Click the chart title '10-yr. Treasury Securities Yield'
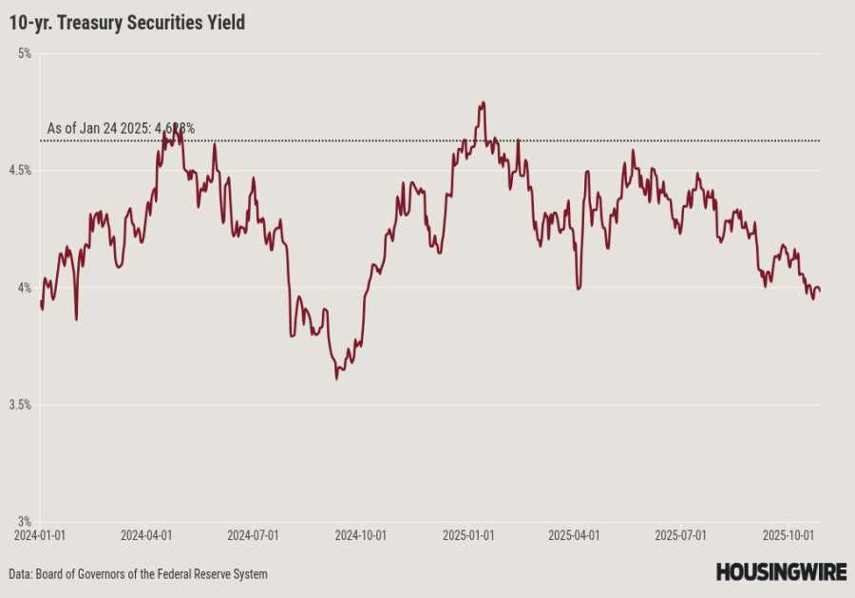[127, 22]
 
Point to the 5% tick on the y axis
[24, 54]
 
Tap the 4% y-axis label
[24, 288]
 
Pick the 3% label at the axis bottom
[24, 521]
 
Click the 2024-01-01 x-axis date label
[40, 535]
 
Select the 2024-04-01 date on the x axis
[146, 535]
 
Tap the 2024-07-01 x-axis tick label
[253, 535]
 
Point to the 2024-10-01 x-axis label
[360, 535]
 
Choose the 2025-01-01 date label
[468, 535]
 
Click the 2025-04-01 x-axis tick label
[574, 535]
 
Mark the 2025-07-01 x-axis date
[680, 535]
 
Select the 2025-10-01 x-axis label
[788, 535]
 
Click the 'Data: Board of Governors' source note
[139, 574]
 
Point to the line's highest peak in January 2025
[484, 103]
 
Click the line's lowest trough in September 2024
[336, 379]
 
